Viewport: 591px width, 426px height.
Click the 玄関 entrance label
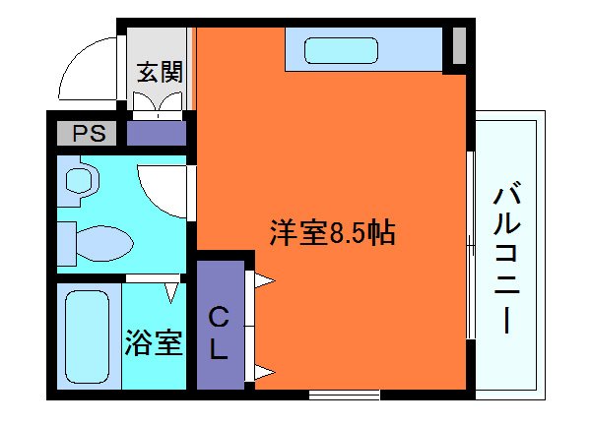158,72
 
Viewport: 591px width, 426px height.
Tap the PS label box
86,133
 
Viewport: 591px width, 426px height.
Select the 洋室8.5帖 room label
333,234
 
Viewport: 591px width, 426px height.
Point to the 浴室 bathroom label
153,343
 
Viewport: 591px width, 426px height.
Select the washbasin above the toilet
78,178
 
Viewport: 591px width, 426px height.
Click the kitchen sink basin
340,49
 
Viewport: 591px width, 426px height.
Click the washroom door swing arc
163,187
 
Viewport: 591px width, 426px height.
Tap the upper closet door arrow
264,280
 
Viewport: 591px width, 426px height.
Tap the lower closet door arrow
264,371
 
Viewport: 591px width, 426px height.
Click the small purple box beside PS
157,133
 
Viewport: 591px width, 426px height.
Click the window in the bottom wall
344,395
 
